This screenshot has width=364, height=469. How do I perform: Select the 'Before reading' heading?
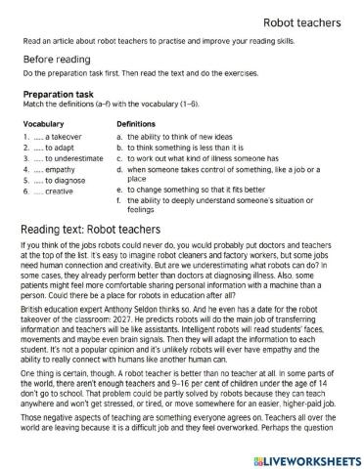click(x=54, y=60)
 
